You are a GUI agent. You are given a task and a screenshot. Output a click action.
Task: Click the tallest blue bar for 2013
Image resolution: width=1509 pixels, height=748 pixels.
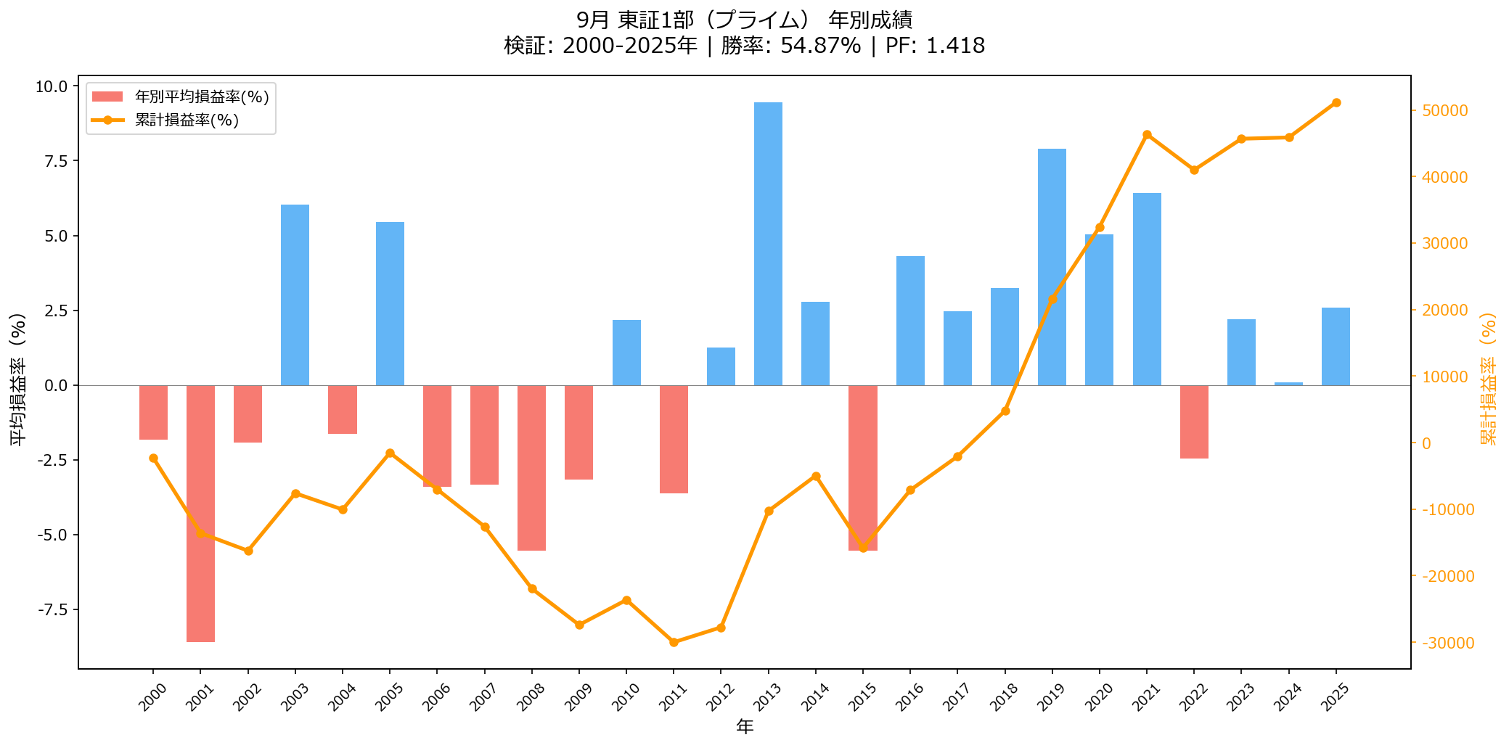coord(768,243)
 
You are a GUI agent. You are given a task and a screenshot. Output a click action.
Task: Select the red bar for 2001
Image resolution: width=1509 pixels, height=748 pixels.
coord(200,513)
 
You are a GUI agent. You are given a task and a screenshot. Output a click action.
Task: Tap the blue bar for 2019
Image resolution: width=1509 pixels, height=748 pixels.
coord(1052,267)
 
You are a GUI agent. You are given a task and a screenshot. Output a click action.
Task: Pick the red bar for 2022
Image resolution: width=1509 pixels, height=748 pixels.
coord(1194,422)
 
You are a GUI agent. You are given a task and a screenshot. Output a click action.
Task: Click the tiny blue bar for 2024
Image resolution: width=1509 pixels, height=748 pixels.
coord(1288,384)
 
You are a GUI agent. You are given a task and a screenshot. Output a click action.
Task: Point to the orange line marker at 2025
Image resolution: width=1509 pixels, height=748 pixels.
coord(1336,102)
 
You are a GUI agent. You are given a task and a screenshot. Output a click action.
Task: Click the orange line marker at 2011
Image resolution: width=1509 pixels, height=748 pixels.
coord(674,642)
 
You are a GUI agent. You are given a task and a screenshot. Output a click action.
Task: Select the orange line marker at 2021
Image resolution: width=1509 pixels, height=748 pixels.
coord(1147,134)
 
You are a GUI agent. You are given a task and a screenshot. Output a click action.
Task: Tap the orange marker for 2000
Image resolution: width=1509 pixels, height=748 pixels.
coord(153,458)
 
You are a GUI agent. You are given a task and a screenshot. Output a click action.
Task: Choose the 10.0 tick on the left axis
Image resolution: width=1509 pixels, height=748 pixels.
coord(52,86)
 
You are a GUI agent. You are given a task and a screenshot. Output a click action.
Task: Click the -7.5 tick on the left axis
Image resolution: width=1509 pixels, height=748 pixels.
coord(52,609)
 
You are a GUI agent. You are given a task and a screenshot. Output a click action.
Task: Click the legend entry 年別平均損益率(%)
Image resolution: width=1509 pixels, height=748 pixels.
coord(202,96)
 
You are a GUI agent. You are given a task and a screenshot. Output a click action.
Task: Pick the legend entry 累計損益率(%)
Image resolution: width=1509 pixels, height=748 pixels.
coord(187,120)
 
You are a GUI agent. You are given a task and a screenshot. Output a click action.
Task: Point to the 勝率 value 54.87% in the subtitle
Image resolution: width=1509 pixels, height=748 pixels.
coord(820,46)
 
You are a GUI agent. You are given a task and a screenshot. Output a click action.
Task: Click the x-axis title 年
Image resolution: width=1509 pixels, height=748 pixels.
coord(745,726)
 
